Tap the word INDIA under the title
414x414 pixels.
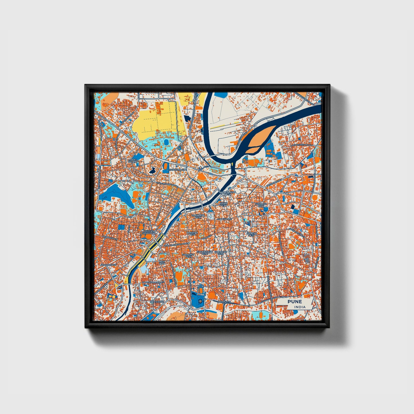click(300, 307)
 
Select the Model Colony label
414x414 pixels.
click(133, 160)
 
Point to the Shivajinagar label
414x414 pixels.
click(178, 170)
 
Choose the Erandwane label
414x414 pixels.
click(108, 265)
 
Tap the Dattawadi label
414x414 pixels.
click(157, 302)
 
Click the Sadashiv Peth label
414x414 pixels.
click(188, 255)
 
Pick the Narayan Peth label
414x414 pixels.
click(193, 234)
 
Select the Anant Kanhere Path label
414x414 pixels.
click(153, 282)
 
